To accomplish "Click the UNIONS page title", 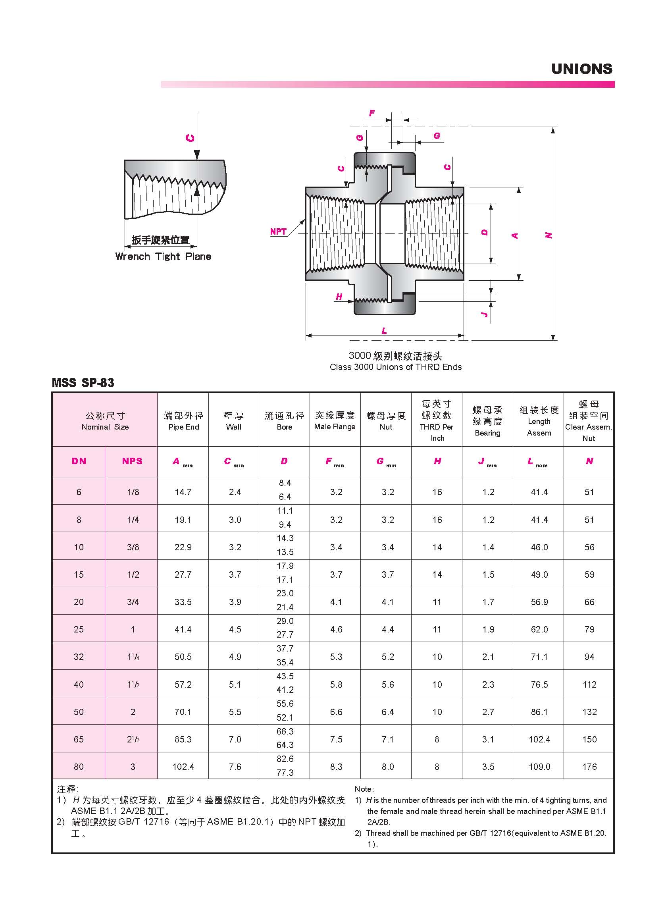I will pyautogui.click(x=581, y=69).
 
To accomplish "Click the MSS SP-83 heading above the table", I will pyautogui.click(x=83, y=383).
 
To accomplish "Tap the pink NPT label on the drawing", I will pyautogui.click(x=278, y=231).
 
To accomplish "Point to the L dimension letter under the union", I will pyautogui.click(x=384, y=331).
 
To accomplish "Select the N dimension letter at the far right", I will pyautogui.click(x=548, y=235).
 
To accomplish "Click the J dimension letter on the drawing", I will pyautogui.click(x=485, y=315).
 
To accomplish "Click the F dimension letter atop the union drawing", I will pyautogui.click(x=372, y=113).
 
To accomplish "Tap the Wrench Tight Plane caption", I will pyautogui.click(x=163, y=256).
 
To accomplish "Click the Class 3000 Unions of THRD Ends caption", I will pyautogui.click(x=395, y=367).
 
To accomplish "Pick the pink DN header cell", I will pyautogui.click(x=79, y=461).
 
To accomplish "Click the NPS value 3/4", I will pyautogui.click(x=133, y=602).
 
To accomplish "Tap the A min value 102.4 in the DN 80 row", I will pyautogui.click(x=183, y=767).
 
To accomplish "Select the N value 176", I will pyautogui.click(x=589, y=767).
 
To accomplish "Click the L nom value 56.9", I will pyautogui.click(x=539, y=602).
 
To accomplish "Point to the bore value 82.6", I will pyautogui.click(x=285, y=759).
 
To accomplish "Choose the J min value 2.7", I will pyautogui.click(x=488, y=712).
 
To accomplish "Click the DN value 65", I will pyautogui.click(x=79, y=739).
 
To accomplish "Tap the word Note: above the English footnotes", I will pyautogui.click(x=364, y=789).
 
